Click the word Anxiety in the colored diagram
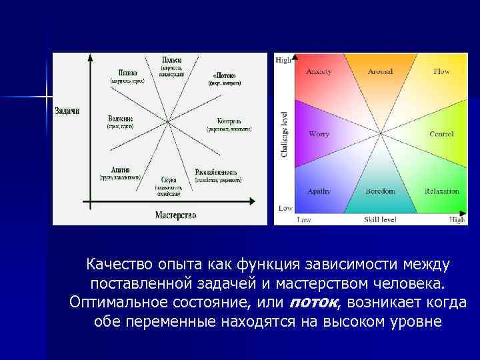[x=319, y=71]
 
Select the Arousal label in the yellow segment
[x=380, y=71]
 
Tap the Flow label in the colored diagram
[x=441, y=71]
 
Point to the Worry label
[x=319, y=134]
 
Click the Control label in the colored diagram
[x=441, y=134]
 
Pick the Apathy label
[x=319, y=191]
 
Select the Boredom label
[x=380, y=191]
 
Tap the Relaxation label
[x=441, y=191]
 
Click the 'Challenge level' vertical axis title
[x=284, y=135]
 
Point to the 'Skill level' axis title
[x=380, y=219]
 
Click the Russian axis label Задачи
[x=67, y=111]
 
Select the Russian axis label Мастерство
[x=175, y=215]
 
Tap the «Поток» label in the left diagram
[x=225, y=75]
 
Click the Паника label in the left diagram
[x=128, y=73]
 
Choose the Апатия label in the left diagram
[x=121, y=170]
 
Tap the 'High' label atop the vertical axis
[x=283, y=60]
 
